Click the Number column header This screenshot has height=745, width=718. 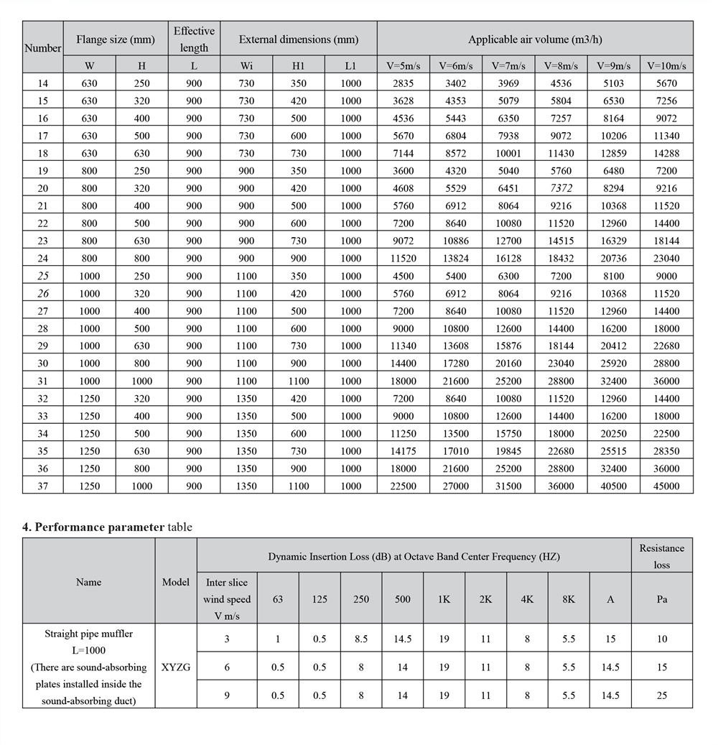point(42,48)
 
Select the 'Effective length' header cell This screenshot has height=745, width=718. point(194,40)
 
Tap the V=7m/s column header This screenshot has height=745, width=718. point(508,65)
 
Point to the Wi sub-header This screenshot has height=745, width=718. point(246,65)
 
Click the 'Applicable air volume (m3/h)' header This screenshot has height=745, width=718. point(535,40)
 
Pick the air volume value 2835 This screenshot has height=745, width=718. point(403,83)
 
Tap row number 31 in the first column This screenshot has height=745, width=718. point(42,381)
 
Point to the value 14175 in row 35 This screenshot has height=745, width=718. point(403,451)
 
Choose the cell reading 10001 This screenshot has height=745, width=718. point(508,153)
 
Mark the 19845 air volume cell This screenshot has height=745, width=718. point(508,451)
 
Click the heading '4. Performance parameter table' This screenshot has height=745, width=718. point(107,527)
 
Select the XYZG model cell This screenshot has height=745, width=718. point(175,667)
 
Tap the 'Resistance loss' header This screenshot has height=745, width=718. point(661,556)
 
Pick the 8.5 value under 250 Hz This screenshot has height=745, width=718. point(361,639)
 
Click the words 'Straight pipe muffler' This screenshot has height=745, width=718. point(88,634)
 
